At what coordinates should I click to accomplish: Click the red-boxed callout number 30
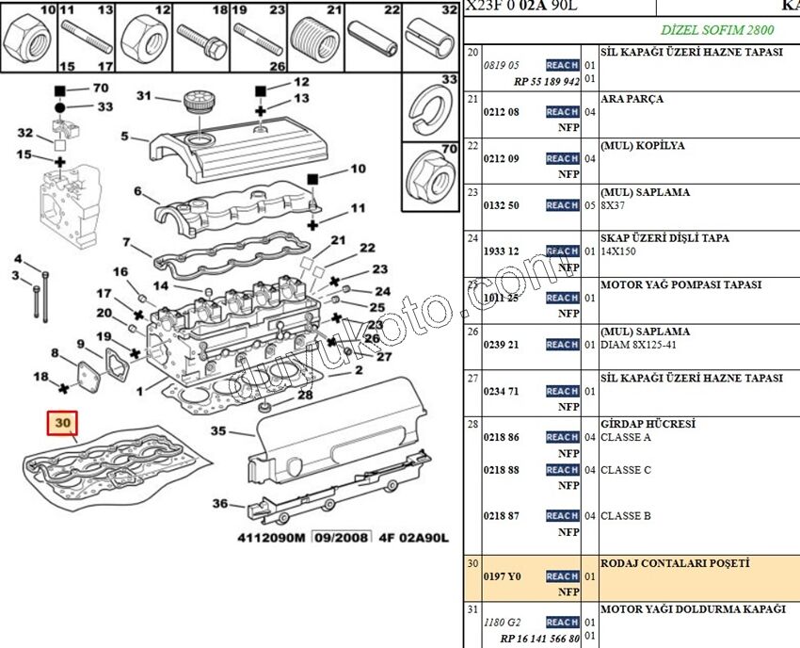[x=64, y=424]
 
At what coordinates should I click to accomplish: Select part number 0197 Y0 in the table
[x=501, y=576]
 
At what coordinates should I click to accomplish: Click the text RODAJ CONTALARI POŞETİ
[x=675, y=563]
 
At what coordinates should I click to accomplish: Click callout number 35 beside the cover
[x=218, y=431]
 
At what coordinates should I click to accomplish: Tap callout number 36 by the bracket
[x=219, y=504]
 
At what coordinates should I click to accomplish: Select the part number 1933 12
[x=501, y=251]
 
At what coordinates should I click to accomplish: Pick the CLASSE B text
[x=626, y=516]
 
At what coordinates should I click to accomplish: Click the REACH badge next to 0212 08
[x=562, y=112]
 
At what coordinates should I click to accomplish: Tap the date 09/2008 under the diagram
[x=342, y=539]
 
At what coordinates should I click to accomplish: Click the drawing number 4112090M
[x=270, y=539]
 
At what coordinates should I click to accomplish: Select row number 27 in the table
[x=472, y=378]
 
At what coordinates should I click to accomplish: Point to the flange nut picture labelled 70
[x=430, y=174]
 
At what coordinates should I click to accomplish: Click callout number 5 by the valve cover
[x=124, y=137]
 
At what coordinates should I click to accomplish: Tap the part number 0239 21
[x=501, y=345]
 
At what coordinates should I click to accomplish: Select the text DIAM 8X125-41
[x=639, y=345]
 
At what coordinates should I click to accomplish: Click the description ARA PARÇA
[x=632, y=99]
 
